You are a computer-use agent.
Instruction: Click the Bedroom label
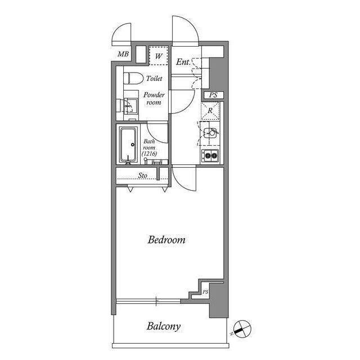[166, 240]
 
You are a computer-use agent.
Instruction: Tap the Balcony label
[164, 326]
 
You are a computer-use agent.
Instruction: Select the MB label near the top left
[123, 55]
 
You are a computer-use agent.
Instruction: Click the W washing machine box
[158, 57]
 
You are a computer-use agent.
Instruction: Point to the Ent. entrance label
[183, 62]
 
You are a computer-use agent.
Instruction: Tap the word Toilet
[155, 79]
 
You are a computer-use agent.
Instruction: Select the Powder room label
[153, 99]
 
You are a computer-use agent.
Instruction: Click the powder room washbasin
[129, 105]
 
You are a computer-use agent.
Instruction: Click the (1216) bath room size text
[149, 154]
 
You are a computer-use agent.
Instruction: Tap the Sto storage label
[143, 175]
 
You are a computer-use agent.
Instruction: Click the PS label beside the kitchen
[213, 96]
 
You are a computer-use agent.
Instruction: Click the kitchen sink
[211, 134]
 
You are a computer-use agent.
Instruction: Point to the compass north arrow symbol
[240, 328]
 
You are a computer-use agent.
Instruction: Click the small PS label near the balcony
[205, 292]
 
